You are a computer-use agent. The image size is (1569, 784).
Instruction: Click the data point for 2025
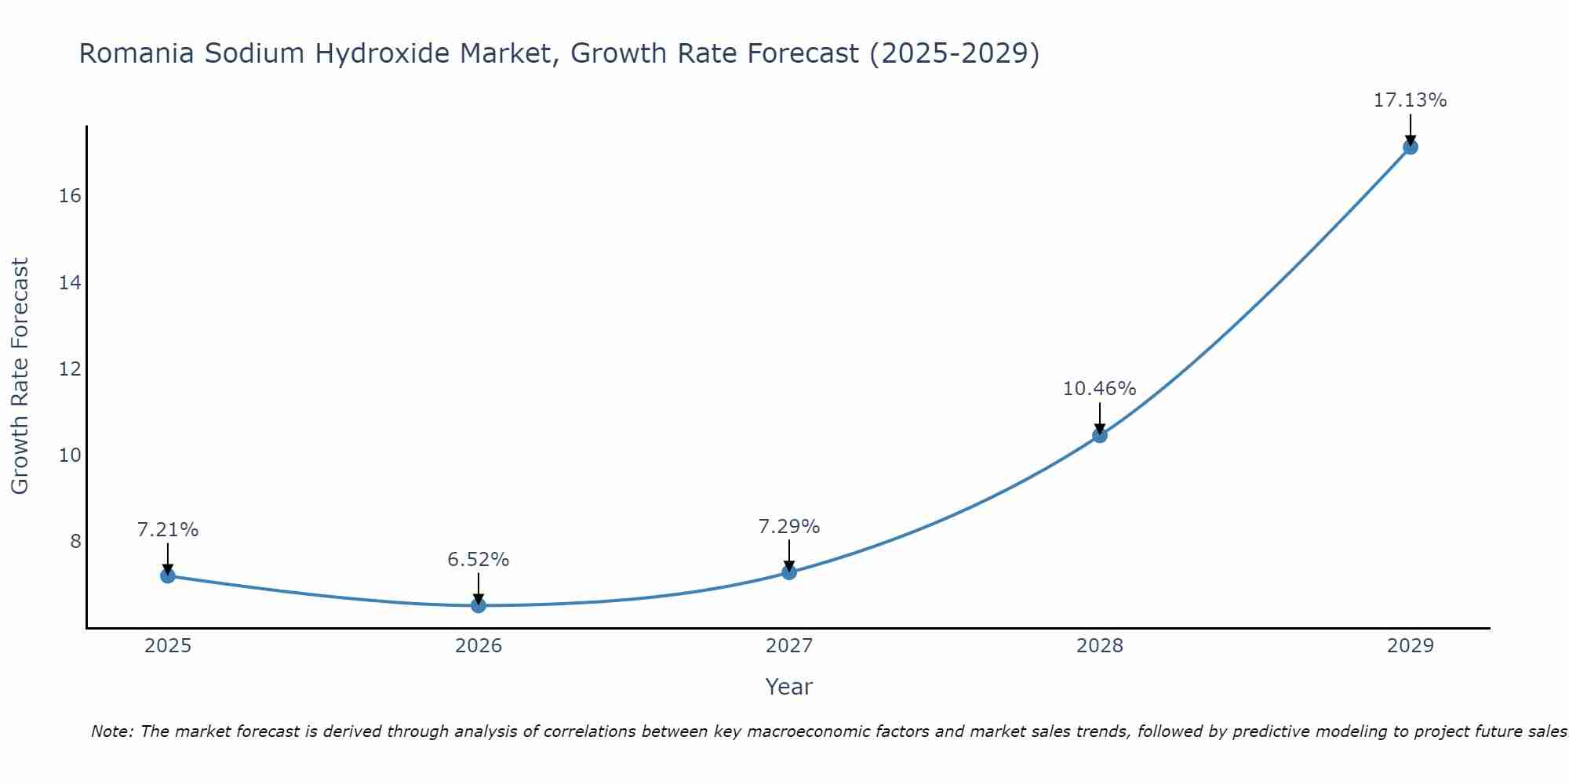tap(167, 575)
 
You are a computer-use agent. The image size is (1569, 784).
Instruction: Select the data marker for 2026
tap(479, 605)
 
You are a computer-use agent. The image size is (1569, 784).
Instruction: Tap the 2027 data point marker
tap(789, 572)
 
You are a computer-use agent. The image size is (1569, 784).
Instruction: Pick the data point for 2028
tap(1100, 435)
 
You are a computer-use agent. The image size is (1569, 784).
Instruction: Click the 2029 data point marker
tap(1410, 147)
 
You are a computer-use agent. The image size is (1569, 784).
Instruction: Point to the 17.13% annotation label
tap(1410, 100)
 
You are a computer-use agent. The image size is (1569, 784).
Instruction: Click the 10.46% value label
tap(1099, 389)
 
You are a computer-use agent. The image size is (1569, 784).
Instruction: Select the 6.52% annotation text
tap(479, 560)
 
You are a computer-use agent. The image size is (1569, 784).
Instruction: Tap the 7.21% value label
tap(168, 530)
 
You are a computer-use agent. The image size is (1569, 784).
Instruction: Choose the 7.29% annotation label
tap(789, 527)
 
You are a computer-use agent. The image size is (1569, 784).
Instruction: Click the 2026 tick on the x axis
tap(479, 646)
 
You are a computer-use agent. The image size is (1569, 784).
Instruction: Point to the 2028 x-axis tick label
tap(1100, 646)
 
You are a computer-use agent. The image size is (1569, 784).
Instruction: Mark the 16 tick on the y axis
tap(71, 196)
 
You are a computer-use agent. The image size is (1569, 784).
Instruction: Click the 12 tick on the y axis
tap(71, 368)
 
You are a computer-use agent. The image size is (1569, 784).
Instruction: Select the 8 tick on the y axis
tap(75, 542)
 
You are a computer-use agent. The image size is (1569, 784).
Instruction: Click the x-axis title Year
tap(788, 687)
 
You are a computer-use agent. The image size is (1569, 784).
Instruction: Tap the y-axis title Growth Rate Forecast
tap(20, 376)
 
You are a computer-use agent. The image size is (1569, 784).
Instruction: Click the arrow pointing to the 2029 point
tap(1410, 129)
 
